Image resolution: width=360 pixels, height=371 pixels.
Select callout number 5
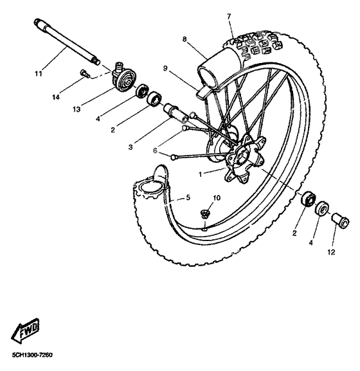[188, 197]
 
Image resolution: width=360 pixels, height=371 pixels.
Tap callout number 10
[217, 197]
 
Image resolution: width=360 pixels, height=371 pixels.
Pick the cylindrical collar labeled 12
[341, 222]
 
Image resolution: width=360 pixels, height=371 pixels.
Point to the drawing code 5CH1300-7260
[32, 355]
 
